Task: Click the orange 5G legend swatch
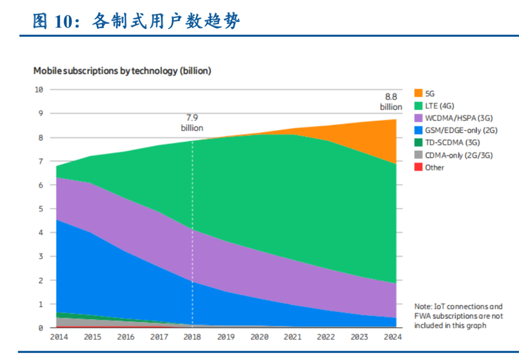418,93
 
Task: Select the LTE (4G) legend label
439,106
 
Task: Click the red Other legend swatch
418,167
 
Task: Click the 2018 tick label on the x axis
192,337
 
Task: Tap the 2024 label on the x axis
393,337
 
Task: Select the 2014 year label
58,337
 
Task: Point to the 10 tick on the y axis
39,90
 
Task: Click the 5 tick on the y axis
40,209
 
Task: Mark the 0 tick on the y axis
40,328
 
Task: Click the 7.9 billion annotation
192,123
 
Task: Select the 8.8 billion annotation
391,102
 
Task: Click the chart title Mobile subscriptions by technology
122,71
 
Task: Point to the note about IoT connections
458,316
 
